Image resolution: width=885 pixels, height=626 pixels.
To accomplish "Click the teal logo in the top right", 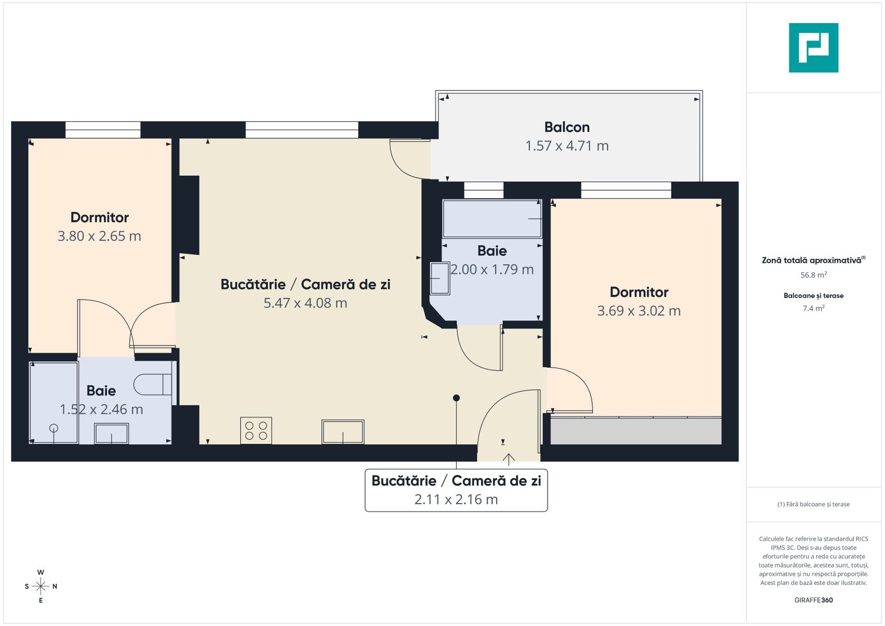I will [x=813, y=48].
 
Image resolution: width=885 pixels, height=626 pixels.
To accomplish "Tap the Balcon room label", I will [x=566, y=127].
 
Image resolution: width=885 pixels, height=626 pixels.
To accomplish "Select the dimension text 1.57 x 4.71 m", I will [x=566, y=146].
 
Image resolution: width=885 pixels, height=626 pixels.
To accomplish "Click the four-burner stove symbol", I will [x=256, y=431].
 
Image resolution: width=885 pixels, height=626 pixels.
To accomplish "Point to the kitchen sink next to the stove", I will [x=343, y=432].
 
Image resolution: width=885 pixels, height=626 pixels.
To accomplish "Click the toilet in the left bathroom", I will [x=152, y=384].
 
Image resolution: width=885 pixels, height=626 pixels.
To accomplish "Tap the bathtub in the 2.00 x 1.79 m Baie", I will [x=491, y=219].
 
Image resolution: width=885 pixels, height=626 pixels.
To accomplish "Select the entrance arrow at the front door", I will [x=508, y=459].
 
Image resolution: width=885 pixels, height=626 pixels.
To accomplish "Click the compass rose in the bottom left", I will [x=41, y=586].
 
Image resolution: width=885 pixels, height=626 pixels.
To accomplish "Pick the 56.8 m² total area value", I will [x=813, y=275].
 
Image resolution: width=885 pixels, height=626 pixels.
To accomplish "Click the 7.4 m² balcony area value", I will [x=813, y=308].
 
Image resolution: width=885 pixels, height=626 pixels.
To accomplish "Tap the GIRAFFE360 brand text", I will [x=813, y=600].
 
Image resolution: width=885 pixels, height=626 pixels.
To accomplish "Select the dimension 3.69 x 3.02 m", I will [x=639, y=311].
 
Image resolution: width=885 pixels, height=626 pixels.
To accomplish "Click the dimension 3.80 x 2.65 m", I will [x=99, y=236].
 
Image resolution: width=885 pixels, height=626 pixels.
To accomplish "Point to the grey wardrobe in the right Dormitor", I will [x=635, y=431].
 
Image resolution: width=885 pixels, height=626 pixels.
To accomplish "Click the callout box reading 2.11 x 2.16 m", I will [x=456, y=490].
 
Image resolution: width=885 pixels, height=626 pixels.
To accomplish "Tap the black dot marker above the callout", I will [x=456, y=398].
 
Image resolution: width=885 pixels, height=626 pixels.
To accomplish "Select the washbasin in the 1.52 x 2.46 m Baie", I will [x=111, y=434].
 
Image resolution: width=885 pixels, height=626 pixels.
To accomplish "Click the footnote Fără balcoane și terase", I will [x=813, y=504].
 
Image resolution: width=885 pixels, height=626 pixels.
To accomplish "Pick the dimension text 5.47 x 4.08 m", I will [x=305, y=303].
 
